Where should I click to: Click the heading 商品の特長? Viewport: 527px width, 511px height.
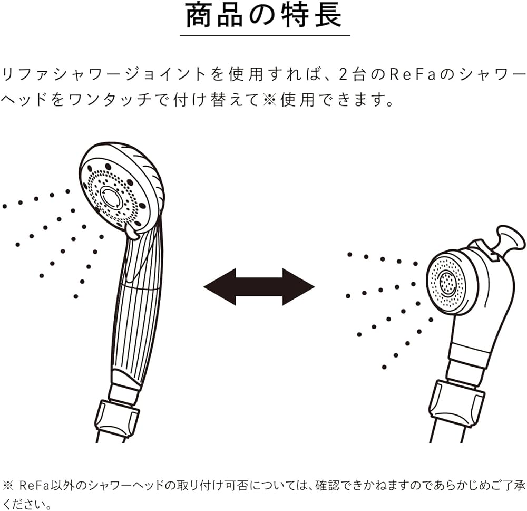coord(264,16)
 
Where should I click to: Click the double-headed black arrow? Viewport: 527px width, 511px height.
coord(259,287)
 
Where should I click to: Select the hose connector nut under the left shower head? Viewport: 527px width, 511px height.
coord(116,419)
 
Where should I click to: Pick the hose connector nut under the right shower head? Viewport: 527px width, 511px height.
coord(456,403)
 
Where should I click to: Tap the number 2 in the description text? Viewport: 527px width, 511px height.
coord(343,74)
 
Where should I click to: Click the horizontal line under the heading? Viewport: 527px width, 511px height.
coord(265,35)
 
